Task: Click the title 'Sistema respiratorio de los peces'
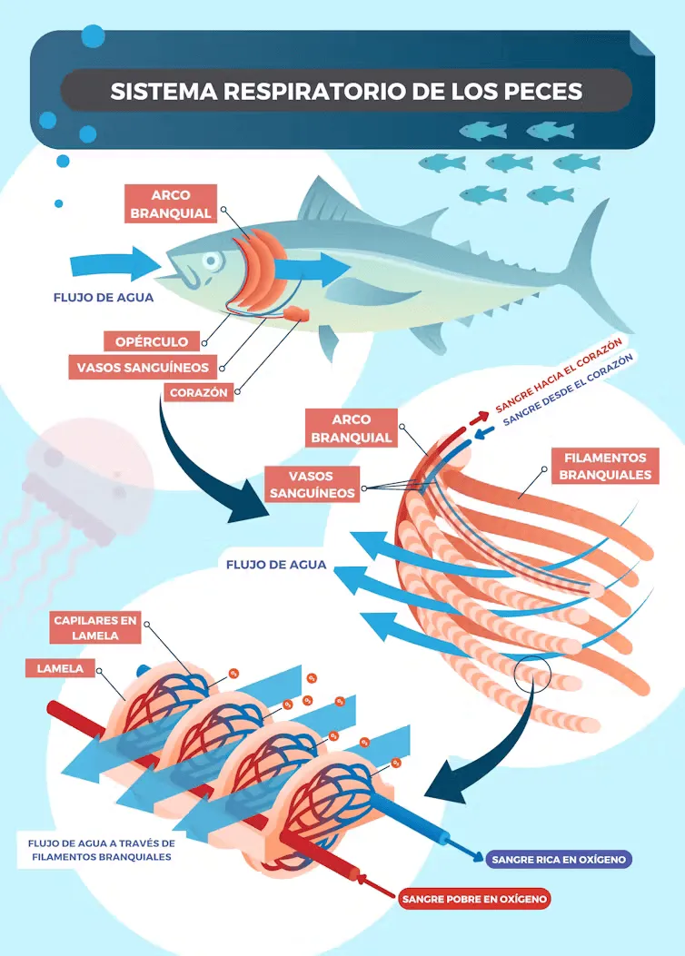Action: pyautogui.click(x=345, y=91)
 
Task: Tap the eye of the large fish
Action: pyautogui.click(x=212, y=261)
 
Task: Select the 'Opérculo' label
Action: pyautogui.click(x=151, y=341)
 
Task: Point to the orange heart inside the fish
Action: pyautogui.click(x=296, y=314)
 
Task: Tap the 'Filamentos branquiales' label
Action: pyautogui.click(x=604, y=467)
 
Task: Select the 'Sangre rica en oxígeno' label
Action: pyautogui.click(x=558, y=858)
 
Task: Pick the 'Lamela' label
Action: pyautogui.click(x=60, y=669)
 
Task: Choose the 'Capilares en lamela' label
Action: pyautogui.click(x=95, y=627)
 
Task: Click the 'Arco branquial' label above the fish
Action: pyautogui.click(x=171, y=204)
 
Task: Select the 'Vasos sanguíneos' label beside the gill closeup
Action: pyautogui.click(x=311, y=485)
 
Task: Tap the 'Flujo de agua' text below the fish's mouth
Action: pyautogui.click(x=104, y=297)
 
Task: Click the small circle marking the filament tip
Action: pyautogui.click(x=531, y=673)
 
